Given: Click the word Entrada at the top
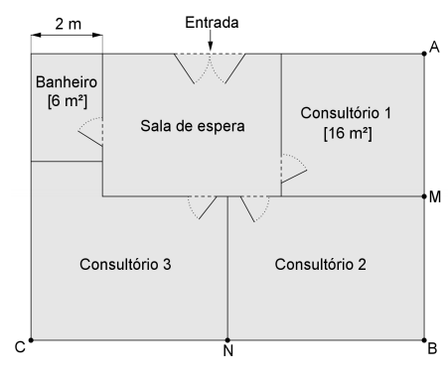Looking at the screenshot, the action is [212, 20].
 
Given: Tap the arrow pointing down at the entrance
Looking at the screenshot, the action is [212, 41].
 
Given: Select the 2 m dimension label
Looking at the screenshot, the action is [68, 22].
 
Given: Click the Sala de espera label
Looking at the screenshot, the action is [190, 126].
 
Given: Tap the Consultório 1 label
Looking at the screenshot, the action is [346, 113].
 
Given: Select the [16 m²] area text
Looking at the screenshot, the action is [346, 133].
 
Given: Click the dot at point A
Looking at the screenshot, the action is [424, 54].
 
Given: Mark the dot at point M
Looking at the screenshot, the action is [424, 195].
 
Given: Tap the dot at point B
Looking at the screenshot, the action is [424, 339].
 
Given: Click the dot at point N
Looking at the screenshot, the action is [227, 339].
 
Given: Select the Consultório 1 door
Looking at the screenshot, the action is [294, 169].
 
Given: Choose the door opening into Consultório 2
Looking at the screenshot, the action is [254, 207].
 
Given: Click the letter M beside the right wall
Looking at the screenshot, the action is [435, 196].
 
